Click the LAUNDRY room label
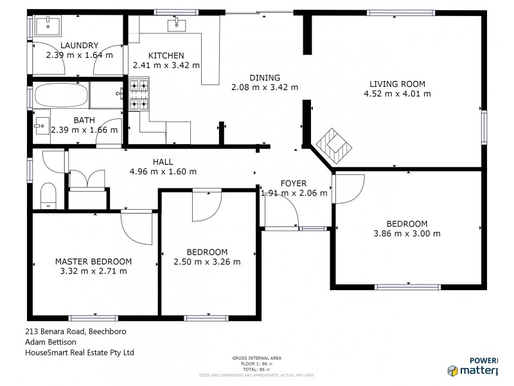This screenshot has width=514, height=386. (79, 45)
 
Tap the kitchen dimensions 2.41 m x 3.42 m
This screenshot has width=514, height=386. (166, 65)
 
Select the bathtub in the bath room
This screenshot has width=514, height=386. (61, 96)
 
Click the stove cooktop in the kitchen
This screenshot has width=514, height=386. (139, 95)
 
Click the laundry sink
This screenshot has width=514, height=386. (47, 26)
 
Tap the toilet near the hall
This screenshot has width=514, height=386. (48, 195)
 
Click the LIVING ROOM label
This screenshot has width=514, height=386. (397, 84)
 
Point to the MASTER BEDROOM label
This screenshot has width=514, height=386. (93, 261)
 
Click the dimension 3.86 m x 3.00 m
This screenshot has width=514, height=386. (407, 234)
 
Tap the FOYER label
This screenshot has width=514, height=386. (294, 183)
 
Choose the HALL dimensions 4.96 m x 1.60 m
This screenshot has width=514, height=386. (163, 172)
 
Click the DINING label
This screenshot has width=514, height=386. (265, 78)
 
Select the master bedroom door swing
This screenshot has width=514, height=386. (136, 228)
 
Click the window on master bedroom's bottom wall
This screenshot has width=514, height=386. (93, 317)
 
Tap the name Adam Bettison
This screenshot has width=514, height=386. (51, 342)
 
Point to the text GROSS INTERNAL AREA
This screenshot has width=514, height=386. (256, 358)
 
